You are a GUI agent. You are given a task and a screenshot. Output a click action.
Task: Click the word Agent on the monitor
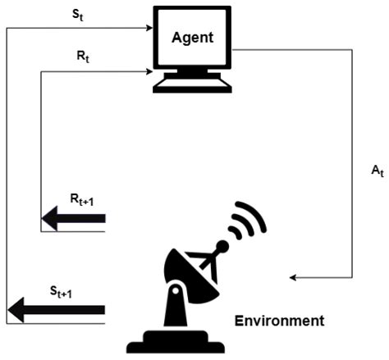click(x=192, y=38)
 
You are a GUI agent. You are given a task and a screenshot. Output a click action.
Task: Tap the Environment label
click(x=279, y=320)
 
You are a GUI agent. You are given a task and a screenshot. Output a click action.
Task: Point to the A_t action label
click(x=377, y=171)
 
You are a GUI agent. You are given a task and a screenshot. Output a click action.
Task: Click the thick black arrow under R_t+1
click(x=73, y=218)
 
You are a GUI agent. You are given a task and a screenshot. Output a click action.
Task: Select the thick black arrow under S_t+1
click(x=57, y=310)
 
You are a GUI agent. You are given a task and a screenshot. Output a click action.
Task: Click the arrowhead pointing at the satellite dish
click(x=294, y=277)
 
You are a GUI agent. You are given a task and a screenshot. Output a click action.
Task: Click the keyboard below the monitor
click(x=193, y=85)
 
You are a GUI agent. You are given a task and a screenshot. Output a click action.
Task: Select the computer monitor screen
click(x=193, y=39)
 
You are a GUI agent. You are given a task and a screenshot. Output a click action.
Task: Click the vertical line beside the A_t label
click(x=353, y=164)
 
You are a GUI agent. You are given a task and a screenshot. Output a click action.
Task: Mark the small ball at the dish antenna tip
click(x=222, y=245)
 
